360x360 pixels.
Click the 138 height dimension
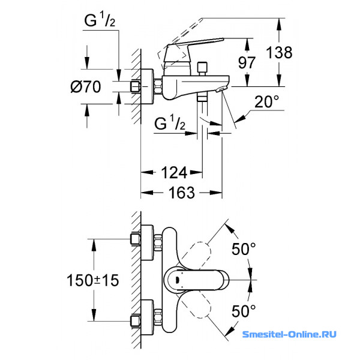click(279, 52)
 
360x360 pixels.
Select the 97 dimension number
click(247, 62)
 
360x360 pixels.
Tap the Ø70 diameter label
click(86, 86)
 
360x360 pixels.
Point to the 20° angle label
click(267, 101)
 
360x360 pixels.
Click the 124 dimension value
click(174, 173)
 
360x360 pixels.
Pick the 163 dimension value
click(182, 193)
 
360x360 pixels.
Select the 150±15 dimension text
click(93, 280)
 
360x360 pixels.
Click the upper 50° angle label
click(244, 249)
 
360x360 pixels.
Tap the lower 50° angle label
click(244, 311)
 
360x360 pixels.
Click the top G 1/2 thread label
click(100, 20)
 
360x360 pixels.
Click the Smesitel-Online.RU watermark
click(289, 334)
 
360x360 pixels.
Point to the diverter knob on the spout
click(202, 68)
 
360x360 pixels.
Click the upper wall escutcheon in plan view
click(147, 242)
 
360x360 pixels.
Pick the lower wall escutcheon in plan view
click(147, 317)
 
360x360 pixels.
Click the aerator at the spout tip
click(221, 89)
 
